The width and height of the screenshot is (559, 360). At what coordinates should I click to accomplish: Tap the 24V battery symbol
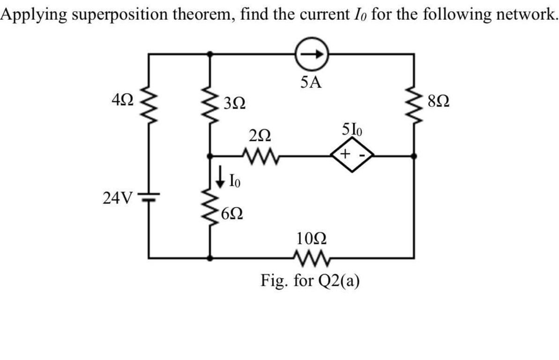(x=149, y=197)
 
